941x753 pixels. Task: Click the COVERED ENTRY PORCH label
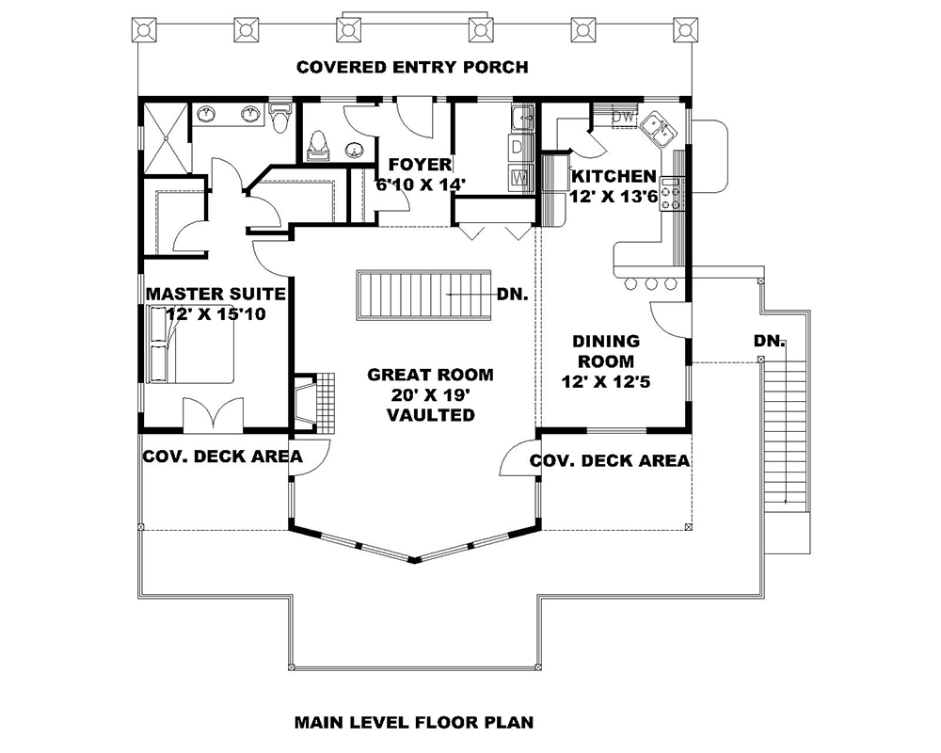tap(412, 67)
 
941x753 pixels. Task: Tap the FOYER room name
tap(413, 166)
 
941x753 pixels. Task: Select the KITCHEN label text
tap(614, 176)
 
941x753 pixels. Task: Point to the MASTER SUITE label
tap(215, 295)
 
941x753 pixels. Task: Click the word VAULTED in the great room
tap(430, 414)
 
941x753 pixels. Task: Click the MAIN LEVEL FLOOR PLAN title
tap(414, 723)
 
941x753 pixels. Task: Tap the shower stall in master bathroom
tap(167, 138)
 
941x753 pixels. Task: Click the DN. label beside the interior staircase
tap(511, 294)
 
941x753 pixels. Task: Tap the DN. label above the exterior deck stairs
tap(769, 341)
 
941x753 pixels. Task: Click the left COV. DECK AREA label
tap(222, 457)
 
